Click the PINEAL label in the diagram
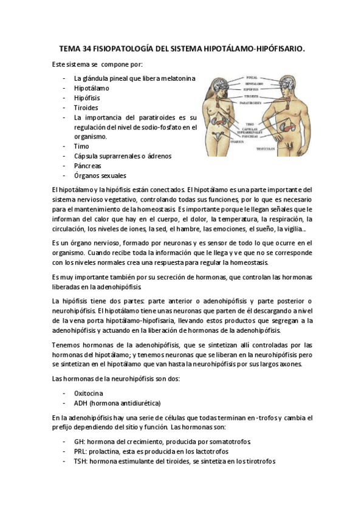click(x=252, y=78)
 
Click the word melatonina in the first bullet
click(x=177, y=78)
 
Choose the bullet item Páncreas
click(x=88, y=165)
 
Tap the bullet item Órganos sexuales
click(x=100, y=175)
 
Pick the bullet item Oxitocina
click(x=89, y=393)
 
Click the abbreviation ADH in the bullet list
click(x=80, y=403)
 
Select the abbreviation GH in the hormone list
click(x=78, y=442)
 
